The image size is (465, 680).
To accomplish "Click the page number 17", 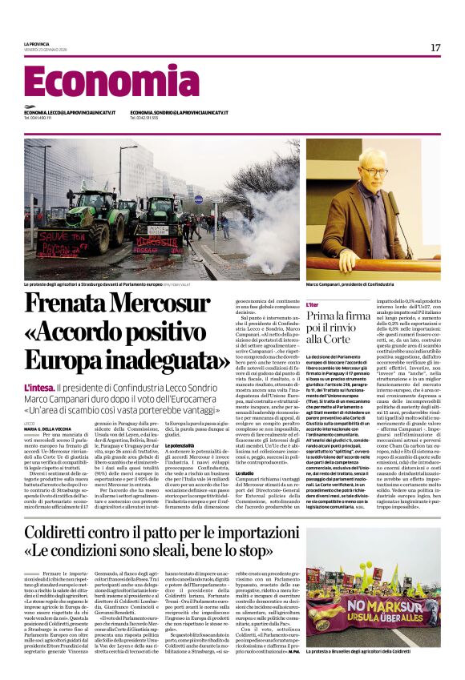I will point(435,47).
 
